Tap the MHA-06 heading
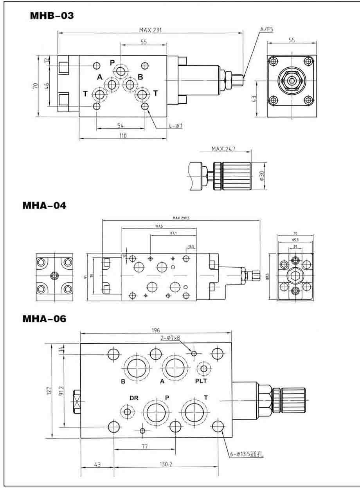point(44,319)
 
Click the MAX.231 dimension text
point(151,30)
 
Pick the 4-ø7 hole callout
point(176,126)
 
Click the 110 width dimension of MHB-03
point(123,135)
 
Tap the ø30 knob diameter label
point(262,174)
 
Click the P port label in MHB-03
point(112,63)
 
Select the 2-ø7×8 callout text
point(170,337)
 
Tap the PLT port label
point(201,380)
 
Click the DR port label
point(134,398)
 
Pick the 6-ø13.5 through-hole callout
point(247,455)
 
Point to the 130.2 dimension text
point(164,465)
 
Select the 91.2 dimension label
point(60,390)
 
